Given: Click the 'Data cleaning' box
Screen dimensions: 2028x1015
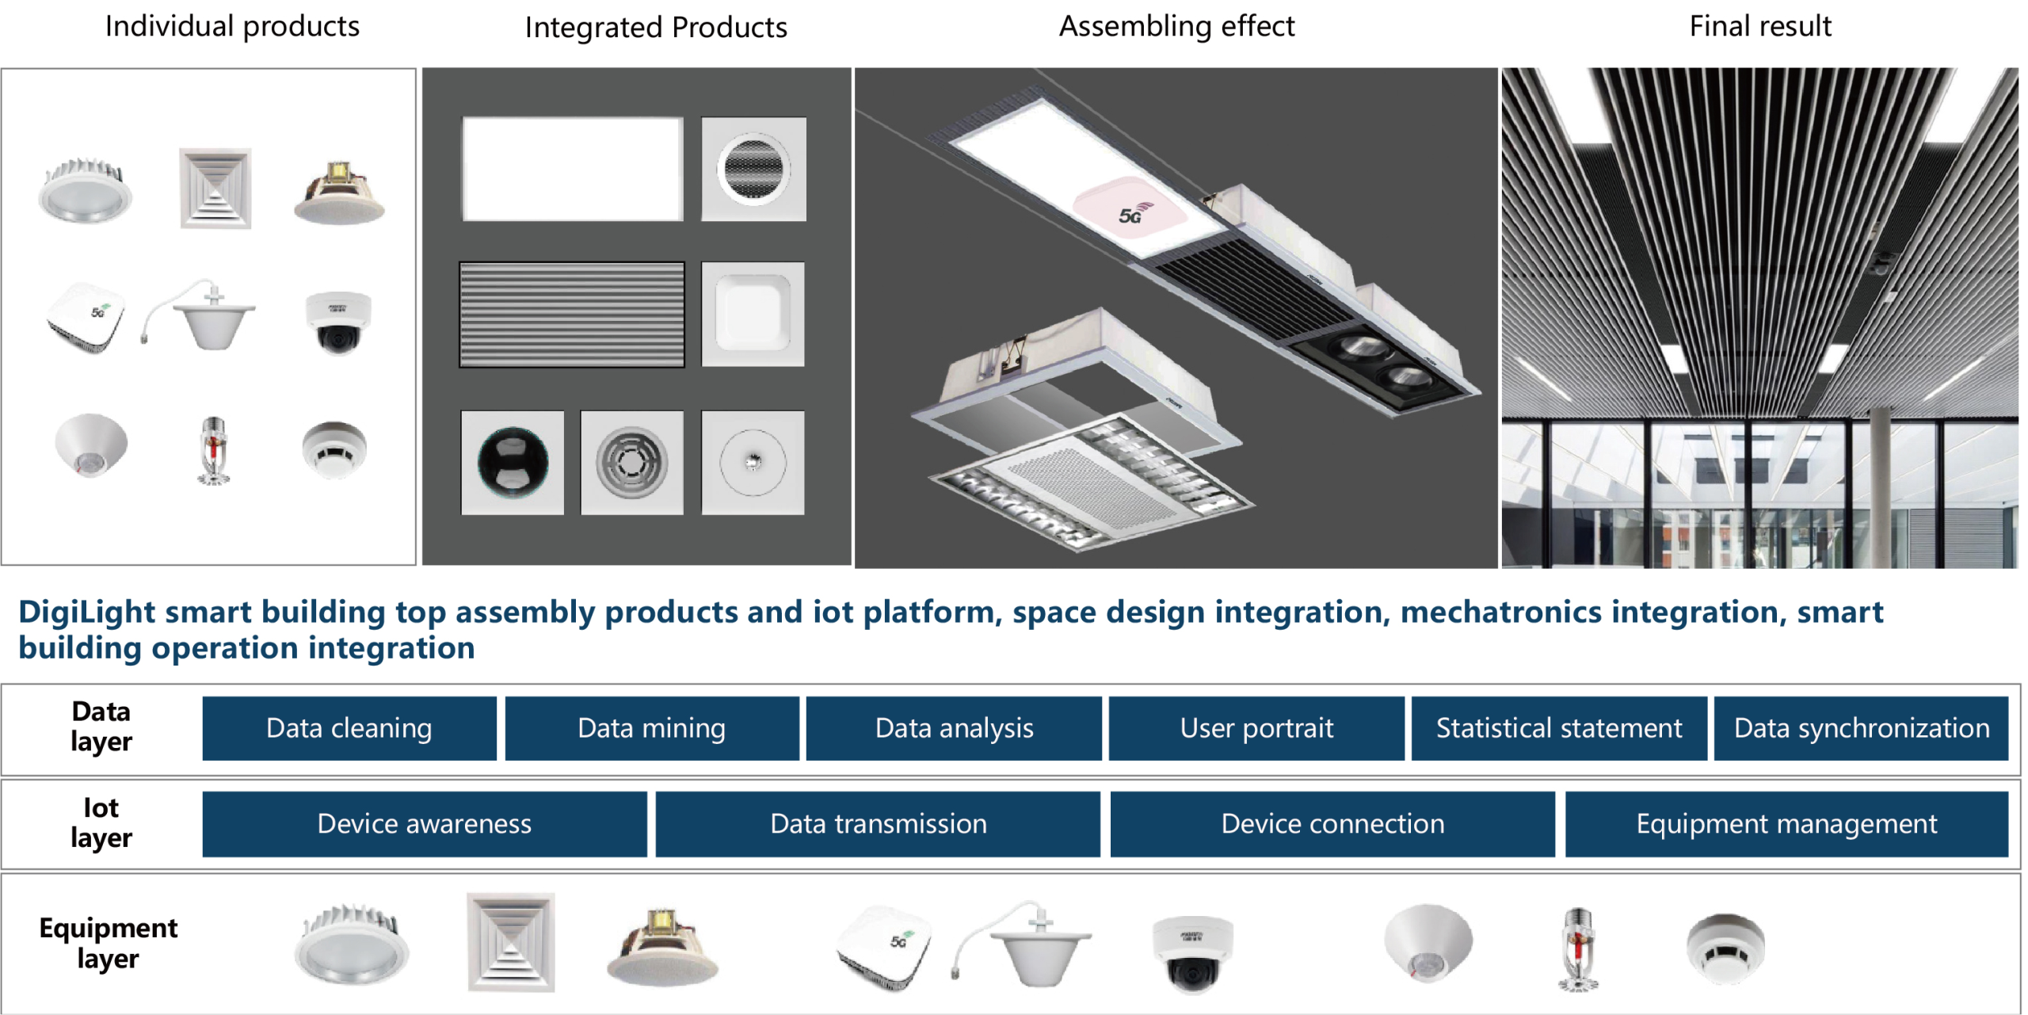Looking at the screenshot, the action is [349, 728].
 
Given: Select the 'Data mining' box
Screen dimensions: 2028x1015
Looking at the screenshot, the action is [652, 728].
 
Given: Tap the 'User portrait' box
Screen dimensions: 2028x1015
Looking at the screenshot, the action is [1256, 728].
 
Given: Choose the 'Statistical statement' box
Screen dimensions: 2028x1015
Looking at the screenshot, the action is [1559, 728].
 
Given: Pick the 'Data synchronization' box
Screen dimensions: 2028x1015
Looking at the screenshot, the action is [1862, 728].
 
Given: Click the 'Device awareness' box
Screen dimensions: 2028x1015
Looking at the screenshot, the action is [425, 824].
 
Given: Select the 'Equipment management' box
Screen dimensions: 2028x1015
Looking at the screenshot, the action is [1786, 824].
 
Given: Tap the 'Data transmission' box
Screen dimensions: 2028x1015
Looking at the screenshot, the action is [878, 824].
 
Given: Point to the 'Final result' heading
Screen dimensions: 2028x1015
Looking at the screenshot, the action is [1760, 26].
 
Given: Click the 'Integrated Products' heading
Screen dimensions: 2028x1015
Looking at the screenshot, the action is [656, 28].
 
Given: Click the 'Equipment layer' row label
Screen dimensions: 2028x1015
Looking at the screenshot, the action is [109, 943].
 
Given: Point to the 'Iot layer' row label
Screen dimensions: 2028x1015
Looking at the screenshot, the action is [101, 822].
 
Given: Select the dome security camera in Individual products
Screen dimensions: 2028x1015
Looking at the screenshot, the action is [338, 322].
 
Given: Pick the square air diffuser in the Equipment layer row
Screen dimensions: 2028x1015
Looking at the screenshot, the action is [511, 942].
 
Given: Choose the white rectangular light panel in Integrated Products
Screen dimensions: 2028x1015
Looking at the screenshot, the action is [573, 169].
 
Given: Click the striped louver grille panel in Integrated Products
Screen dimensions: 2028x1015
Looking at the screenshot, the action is [572, 315].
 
